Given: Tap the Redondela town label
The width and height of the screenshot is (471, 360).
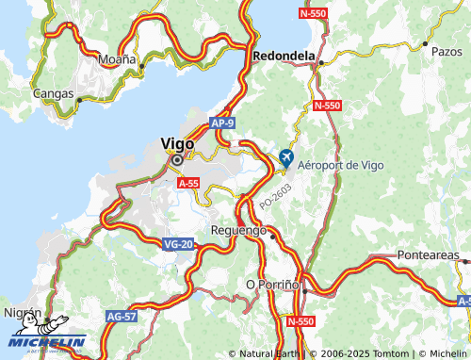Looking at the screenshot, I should coord(284,56).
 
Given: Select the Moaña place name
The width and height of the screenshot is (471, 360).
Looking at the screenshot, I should coord(119,58).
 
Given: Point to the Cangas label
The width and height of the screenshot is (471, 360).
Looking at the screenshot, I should coord(53,93).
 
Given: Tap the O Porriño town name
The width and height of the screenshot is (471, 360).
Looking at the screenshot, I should coord(271,284).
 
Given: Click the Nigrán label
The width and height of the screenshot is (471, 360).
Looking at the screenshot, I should coord(22,311).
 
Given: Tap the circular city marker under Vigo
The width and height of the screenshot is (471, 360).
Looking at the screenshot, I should coord(176,160).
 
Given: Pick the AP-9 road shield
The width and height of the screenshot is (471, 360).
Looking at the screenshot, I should coord(222,123).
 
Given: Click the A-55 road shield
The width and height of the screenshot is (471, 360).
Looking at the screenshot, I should coord(188,185).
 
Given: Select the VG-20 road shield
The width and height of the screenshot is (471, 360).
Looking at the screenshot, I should coord(177,244).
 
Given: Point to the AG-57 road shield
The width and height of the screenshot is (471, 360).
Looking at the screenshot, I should coord(121,316).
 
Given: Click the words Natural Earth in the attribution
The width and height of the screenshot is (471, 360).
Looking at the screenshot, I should coord(273,353).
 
